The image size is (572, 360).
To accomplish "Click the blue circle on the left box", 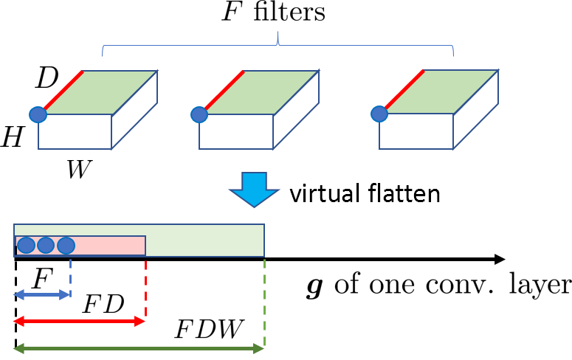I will [x=38, y=114].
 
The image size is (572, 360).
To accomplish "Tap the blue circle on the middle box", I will [x=199, y=114].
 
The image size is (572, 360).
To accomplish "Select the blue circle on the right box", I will [x=379, y=114].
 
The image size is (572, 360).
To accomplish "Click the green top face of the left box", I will [x=100, y=92].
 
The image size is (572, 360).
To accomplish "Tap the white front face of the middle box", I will [x=236, y=131].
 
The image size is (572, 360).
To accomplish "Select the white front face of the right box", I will [x=416, y=131].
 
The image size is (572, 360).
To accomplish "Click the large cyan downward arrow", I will [x=254, y=189].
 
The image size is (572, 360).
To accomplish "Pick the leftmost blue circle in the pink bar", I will [x=26, y=245].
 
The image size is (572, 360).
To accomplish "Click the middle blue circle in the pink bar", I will [x=46, y=245].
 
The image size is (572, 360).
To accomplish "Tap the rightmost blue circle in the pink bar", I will [x=66, y=245].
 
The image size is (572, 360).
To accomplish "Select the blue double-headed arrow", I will [x=42, y=294].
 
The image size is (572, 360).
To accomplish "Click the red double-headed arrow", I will [x=79, y=321].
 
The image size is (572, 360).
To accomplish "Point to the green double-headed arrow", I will [x=139, y=348].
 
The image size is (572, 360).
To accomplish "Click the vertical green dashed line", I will [x=264, y=302].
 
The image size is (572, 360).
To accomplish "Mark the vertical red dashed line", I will [x=145, y=288].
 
